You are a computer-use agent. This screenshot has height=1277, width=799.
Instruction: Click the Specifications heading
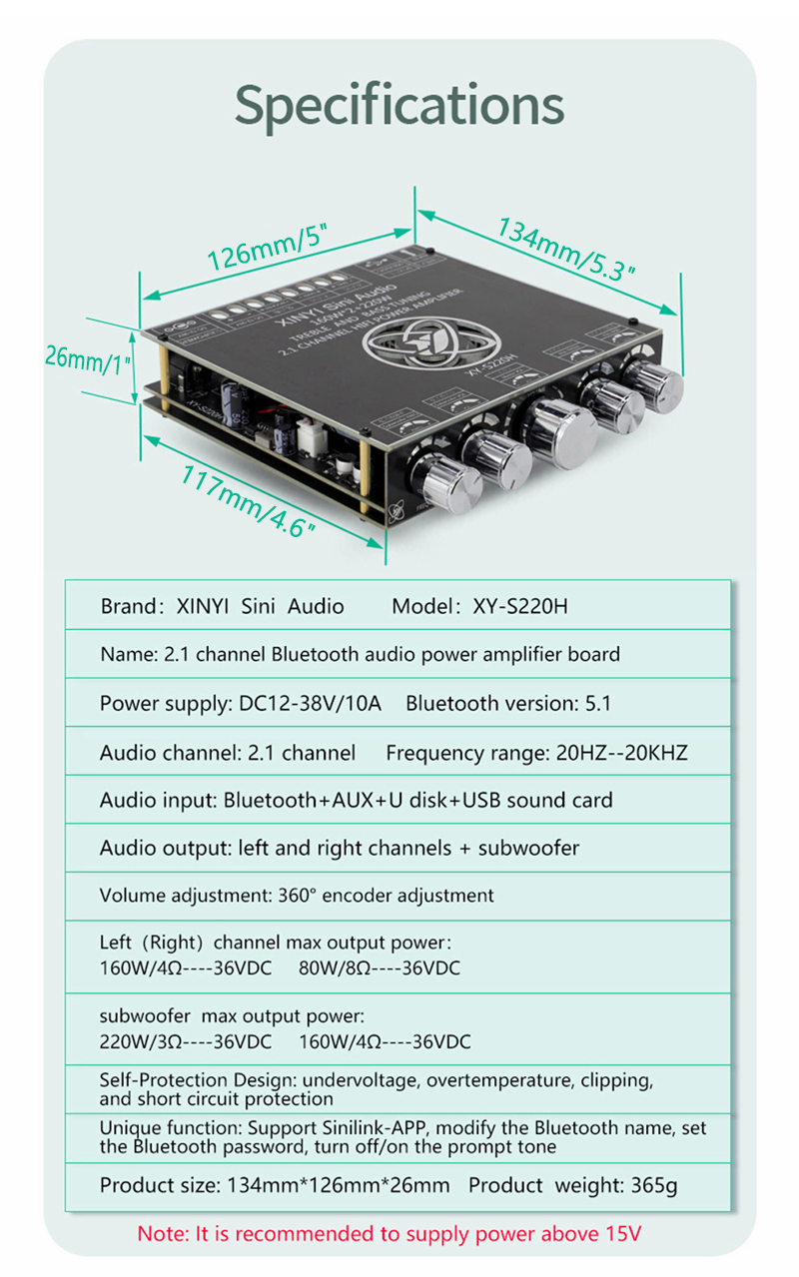[399, 104]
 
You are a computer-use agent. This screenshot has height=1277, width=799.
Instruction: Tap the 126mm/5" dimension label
[267, 247]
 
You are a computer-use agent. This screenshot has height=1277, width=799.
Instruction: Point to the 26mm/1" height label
[88, 356]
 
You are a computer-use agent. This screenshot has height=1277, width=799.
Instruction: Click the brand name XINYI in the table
[204, 606]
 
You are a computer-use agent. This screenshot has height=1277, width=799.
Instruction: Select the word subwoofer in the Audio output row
[528, 849]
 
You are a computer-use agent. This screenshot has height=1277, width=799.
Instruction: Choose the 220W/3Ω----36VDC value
[186, 1042]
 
